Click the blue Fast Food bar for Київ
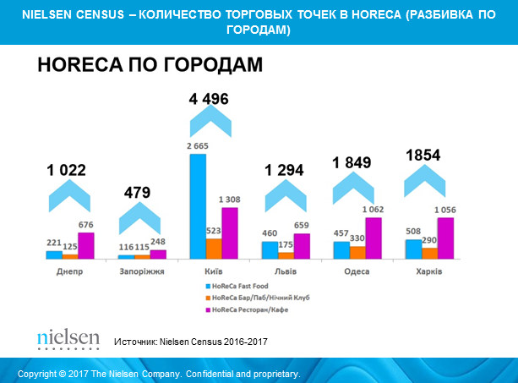click(198, 206)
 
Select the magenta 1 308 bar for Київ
click(229, 233)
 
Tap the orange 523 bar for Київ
click(214, 249)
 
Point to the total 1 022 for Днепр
click(66, 171)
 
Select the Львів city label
click(286, 271)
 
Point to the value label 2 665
click(198, 147)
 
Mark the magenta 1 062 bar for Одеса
click(373, 238)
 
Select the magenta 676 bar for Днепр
click(85, 245)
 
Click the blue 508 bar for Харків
click(414, 249)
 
